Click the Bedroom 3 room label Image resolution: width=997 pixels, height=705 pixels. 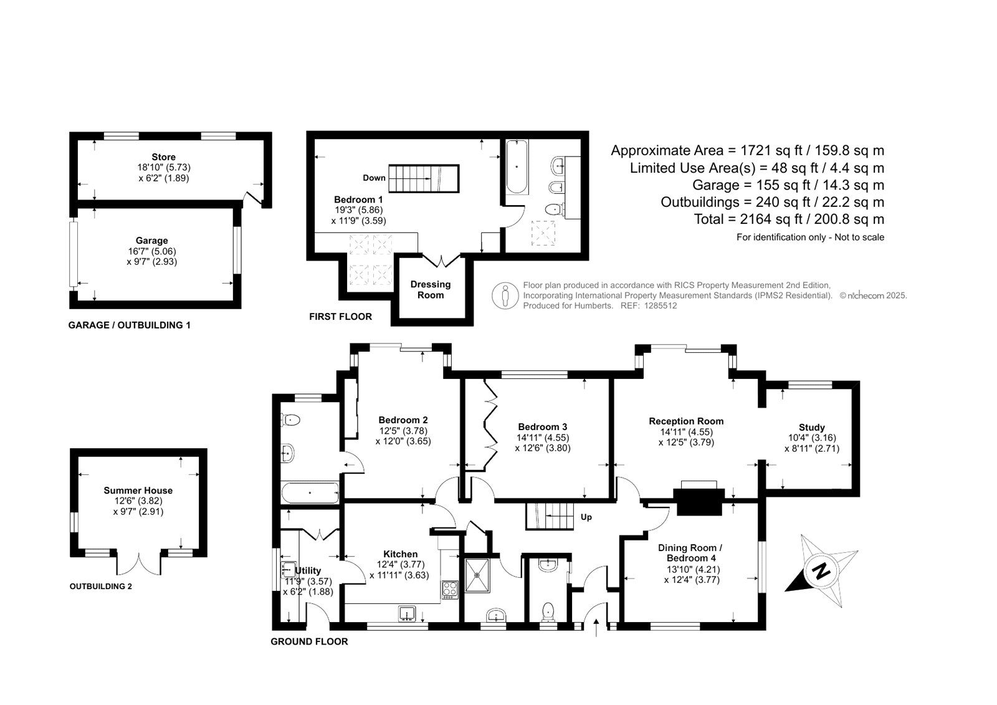pyautogui.click(x=543, y=426)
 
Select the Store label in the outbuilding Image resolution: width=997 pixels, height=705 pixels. pyautogui.click(x=163, y=156)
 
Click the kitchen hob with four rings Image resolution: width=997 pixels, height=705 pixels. pyautogui.click(x=450, y=590)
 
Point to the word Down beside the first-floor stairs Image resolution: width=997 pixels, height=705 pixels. pyautogui.click(x=374, y=178)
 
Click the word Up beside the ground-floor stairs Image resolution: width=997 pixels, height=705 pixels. pyautogui.click(x=586, y=517)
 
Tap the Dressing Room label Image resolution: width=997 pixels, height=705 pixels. pyautogui.click(x=431, y=289)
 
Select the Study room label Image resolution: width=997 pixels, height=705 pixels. pyautogui.click(x=812, y=427)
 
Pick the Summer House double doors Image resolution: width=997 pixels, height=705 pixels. pyautogui.click(x=138, y=564)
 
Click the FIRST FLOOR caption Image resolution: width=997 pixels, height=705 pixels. pyautogui.click(x=340, y=317)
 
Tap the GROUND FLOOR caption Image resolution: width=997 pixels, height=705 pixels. pyautogui.click(x=309, y=641)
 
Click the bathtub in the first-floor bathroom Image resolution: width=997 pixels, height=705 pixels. pyautogui.click(x=517, y=166)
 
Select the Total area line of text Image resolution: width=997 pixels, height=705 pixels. pyautogui.click(x=789, y=219)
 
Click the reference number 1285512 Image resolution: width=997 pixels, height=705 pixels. pyautogui.click(x=661, y=305)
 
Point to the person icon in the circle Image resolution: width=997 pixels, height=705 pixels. pyautogui.click(x=505, y=295)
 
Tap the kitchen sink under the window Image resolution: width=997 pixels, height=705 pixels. pyautogui.click(x=407, y=613)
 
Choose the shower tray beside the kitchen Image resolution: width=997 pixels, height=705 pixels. pyautogui.click(x=477, y=575)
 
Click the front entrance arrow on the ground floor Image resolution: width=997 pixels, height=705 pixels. pyautogui.click(x=596, y=628)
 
